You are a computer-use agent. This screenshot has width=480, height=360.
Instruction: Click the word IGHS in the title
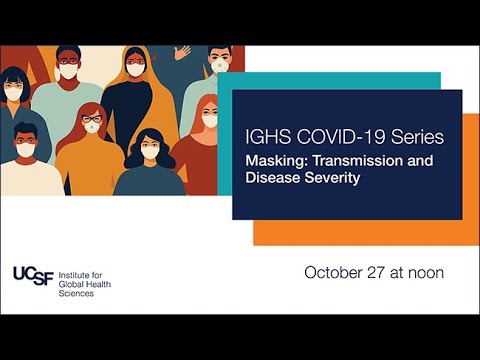pos(263,136)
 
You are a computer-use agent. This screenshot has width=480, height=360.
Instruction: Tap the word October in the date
pos(332,272)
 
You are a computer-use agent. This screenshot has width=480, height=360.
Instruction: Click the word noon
pos(424,272)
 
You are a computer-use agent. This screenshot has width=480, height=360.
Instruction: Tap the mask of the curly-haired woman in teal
pos(149,152)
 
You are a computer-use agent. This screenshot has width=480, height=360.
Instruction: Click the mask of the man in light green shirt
pos(67,71)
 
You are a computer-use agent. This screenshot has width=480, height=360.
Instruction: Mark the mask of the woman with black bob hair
pos(14,93)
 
